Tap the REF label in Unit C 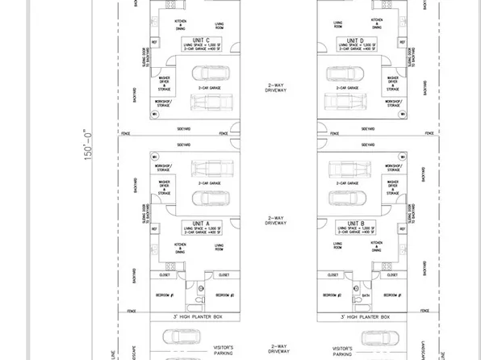click(154, 41)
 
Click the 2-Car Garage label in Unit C click(210, 86)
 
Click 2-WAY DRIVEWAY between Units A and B click(277, 220)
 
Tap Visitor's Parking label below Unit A click(224, 350)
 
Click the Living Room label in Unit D click(337, 24)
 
